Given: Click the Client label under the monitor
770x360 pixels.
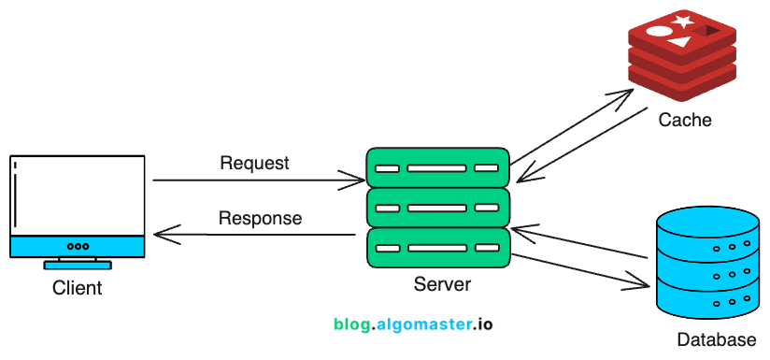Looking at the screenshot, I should pos(78,288).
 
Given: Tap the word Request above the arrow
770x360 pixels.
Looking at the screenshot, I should pos(254,164).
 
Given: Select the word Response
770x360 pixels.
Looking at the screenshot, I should pos(260,219).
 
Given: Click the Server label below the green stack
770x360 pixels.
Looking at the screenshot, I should pos(442,284).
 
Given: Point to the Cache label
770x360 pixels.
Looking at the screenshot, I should pos(684,120).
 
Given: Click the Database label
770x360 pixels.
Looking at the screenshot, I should pos(716,338).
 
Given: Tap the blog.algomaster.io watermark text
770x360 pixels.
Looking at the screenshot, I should pos(412,324).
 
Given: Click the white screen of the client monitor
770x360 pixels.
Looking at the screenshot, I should pos(78,195).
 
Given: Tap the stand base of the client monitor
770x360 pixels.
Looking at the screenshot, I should pos(78,266).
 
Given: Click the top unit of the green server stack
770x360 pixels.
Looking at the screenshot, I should pos(437,168).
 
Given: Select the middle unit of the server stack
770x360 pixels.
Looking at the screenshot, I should pos(437,208).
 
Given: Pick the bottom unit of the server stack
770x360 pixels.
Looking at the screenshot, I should pos(437,248).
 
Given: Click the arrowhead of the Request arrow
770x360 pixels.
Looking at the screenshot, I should pos(356,179).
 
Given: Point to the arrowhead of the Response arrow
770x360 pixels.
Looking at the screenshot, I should pos(161,235).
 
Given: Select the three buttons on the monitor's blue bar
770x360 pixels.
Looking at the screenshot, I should pos(78,246).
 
